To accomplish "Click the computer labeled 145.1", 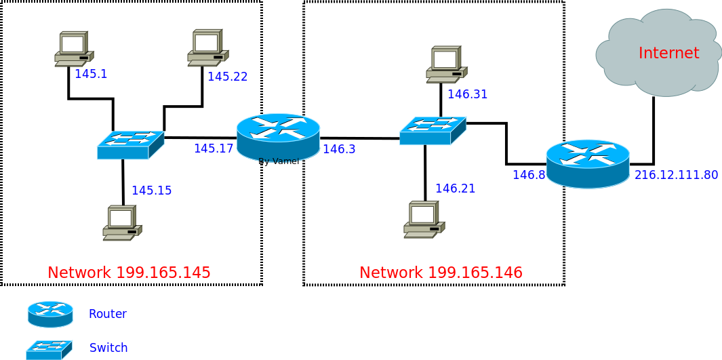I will pyautogui.click(x=74, y=49).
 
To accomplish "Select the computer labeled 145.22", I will pyautogui.click(x=207, y=47).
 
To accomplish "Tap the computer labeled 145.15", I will pyautogui.click(x=122, y=223).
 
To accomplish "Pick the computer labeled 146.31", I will pyautogui.click(x=446, y=64).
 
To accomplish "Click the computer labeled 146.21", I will pyautogui.click(x=424, y=220).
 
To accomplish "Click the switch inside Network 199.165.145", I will pyautogui.click(x=130, y=145).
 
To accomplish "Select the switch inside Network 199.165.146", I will pyautogui.click(x=433, y=131).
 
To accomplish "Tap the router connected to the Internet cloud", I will pyautogui.click(x=588, y=163).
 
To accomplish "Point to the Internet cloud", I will pyautogui.click(x=658, y=53).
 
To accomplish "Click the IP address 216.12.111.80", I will pyautogui.click(x=676, y=175).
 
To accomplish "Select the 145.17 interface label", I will pyautogui.click(x=214, y=148).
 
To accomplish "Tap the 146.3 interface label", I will pyautogui.click(x=339, y=149).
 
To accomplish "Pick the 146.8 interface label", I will pyautogui.click(x=529, y=175).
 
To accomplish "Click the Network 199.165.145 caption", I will pyautogui.click(x=129, y=273).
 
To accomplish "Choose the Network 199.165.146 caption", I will pyautogui.click(x=441, y=273).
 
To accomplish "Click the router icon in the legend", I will pyautogui.click(x=50, y=314).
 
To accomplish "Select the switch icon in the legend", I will pyautogui.click(x=49, y=349).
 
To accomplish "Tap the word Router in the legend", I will pyautogui.click(x=108, y=314).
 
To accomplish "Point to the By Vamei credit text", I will pyautogui.click(x=279, y=161).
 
